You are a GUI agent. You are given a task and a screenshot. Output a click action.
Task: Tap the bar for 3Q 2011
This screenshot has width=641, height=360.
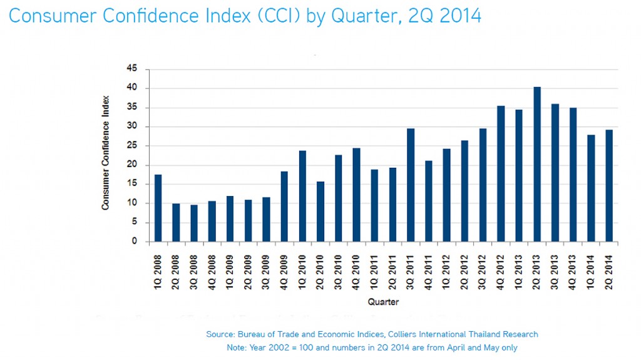pyautogui.click(x=411, y=185)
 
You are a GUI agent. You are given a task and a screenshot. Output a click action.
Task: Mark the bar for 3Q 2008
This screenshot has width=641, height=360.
pyautogui.click(x=194, y=223)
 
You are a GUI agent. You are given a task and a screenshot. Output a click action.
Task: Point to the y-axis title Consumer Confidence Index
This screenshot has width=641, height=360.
pyautogui.click(x=106, y=153)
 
